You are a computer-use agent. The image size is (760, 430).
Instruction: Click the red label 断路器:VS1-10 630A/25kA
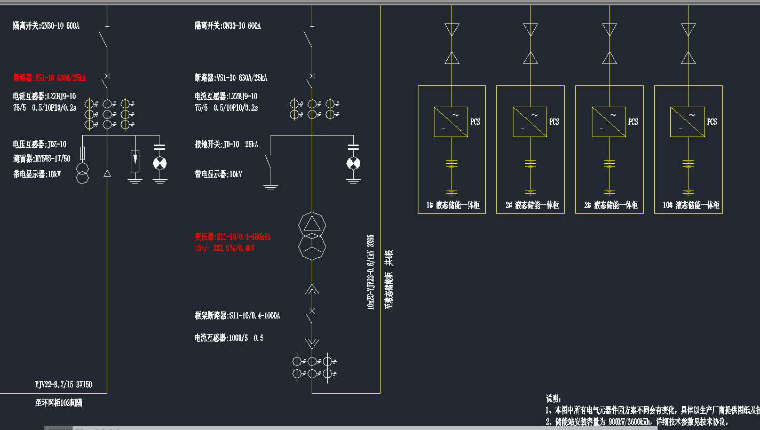coord(50,78)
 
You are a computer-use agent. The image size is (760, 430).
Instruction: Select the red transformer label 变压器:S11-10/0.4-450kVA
coord(232,237)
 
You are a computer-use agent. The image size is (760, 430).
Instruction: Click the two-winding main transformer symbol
coord(312,235)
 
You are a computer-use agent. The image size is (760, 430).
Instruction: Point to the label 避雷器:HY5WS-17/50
coord(42,159)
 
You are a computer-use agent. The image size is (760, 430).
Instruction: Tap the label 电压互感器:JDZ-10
coord(40,144)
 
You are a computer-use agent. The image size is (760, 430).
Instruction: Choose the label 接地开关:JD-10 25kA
coord(227,145)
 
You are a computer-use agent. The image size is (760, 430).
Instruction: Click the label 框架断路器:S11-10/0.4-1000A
coord(237,316)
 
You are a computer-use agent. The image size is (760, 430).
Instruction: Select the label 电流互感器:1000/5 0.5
coord(229,338)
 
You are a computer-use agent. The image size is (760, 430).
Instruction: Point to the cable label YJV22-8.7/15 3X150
coord(64,384)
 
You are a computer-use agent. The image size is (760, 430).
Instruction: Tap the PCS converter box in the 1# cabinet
coord(451,122)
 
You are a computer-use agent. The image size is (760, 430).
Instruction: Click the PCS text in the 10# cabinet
coord(711,122)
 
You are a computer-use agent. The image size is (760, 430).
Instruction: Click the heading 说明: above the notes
coord(553,399)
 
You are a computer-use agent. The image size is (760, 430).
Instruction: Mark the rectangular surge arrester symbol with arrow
coord(136,161)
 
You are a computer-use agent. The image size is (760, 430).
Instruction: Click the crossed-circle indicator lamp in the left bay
coord(159,163)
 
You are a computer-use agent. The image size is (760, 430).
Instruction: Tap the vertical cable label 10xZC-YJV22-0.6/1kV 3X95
coord(370,273)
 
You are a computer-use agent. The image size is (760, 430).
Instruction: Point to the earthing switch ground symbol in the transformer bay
coord(271,186)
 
